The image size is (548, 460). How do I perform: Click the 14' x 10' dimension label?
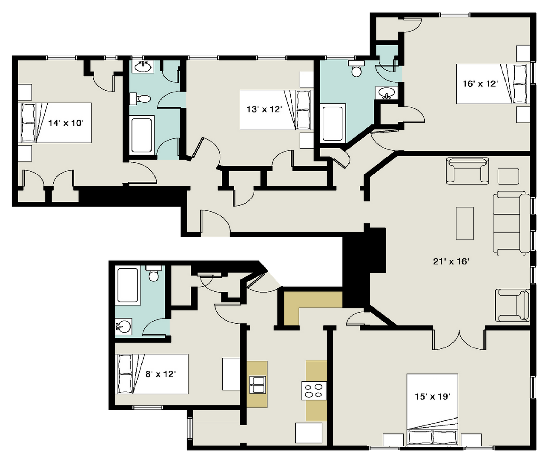(x=66, y=123)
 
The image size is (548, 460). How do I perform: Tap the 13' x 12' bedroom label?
(x=264, y=109)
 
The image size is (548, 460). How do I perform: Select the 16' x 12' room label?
(x=480, y=84)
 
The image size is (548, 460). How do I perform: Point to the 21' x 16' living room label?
(x=451, y=262)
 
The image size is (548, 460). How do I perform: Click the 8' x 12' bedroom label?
(x=161, y=374)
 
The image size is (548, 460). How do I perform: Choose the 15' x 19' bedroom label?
(x=432, y=397)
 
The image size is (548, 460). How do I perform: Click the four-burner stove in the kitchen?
(x=314, y=391)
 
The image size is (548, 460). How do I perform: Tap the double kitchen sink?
(x=258, y=385)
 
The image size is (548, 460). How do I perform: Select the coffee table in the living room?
(x=465, y=224)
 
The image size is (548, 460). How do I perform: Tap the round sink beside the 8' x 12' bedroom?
(x=124, y=327)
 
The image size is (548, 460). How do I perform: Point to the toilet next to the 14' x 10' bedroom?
(x=140, y=99)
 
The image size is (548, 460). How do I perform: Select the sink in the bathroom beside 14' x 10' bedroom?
(x=143, y=67)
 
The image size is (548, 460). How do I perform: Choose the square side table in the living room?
(x=508, y=176)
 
